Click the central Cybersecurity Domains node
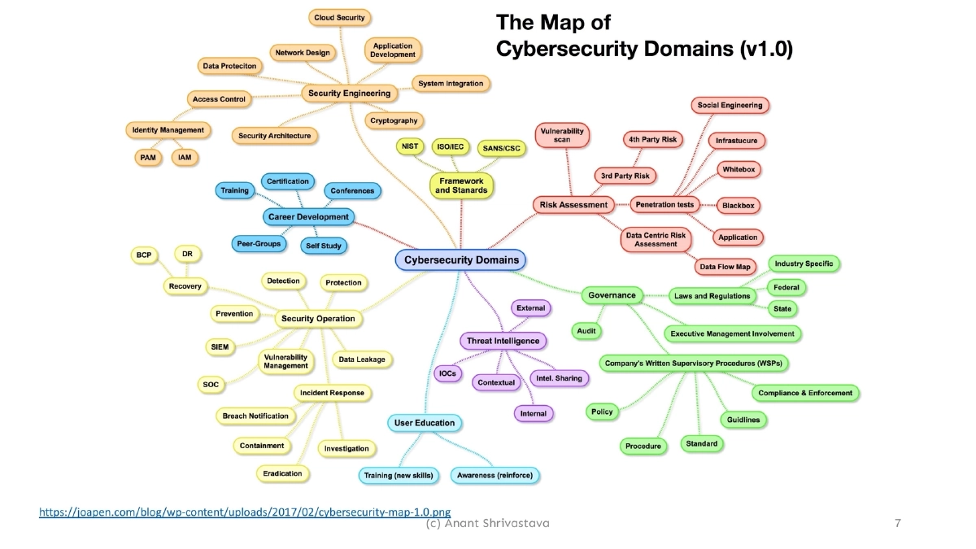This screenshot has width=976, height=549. click(461, 260)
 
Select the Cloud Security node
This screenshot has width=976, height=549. click(339, 17)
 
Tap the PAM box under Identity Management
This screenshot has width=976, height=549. click(147, 157)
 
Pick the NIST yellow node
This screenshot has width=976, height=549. click(408, 146)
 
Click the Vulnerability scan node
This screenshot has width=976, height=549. click(562, 135)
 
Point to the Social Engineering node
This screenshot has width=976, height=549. click(730, 105)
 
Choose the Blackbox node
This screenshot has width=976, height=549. click(739, 206)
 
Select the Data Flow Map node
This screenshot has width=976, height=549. click(725, 267)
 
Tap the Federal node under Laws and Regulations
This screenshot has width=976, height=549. click(786, 287)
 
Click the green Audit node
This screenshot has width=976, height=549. click(586, 331)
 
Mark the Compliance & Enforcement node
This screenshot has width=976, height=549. click(805, 393)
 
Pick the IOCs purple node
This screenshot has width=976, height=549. click(447, 373)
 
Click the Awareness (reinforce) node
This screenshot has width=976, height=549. click(495, 475)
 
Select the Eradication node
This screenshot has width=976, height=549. click(283, 473)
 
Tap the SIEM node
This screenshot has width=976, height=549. click(220, 346)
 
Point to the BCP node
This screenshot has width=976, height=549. click(144, 255)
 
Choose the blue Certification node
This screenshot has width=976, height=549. click(288, 181)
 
